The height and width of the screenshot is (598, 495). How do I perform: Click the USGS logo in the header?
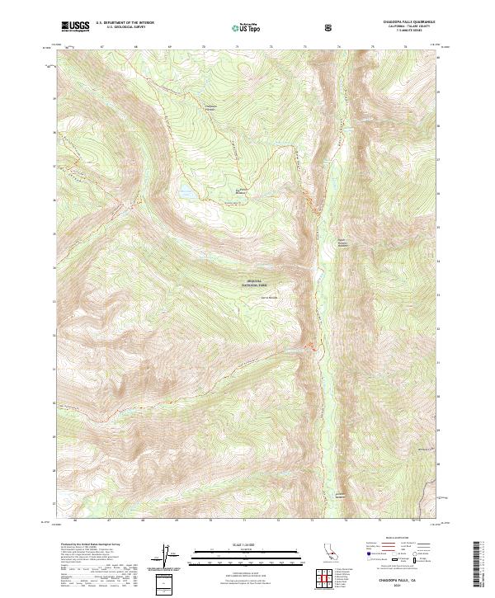coord(76,27)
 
